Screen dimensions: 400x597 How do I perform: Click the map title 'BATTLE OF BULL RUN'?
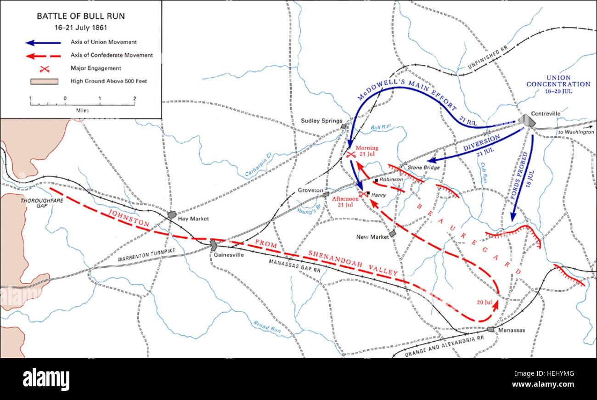click(80, 17)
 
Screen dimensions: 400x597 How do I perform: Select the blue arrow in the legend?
click(44, 42)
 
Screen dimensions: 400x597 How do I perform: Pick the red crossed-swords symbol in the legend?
click(45, 69)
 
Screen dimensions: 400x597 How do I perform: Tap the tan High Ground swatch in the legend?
click(45, 82)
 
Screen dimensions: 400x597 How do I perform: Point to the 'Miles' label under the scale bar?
click(83, 111)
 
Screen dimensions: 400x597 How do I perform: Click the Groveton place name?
click(311, 190)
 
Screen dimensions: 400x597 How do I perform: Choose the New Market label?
click(373, 237)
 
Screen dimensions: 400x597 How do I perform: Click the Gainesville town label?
click(228, 255)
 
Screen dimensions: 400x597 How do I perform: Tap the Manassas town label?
click(511, 330)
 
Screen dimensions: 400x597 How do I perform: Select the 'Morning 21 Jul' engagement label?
click(367, 151)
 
